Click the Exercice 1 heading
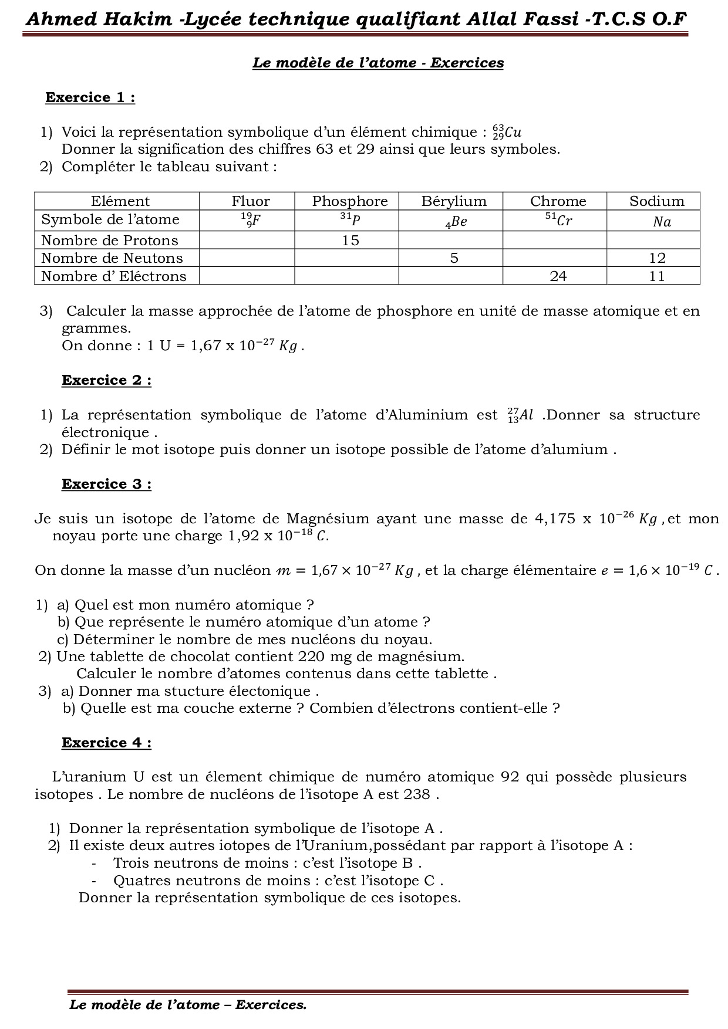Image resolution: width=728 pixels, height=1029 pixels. [90, 97]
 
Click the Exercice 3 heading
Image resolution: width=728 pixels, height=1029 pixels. [106, 484]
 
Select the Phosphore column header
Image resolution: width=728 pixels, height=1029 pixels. [349, 201]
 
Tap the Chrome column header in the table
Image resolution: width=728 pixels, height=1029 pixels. [558, 201]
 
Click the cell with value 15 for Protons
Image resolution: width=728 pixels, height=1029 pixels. [350, 241]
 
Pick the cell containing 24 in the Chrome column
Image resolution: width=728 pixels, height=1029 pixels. [558, 276]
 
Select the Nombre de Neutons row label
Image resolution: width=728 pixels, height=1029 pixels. [112, 258]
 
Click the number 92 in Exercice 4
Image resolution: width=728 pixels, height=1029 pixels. [510, 777]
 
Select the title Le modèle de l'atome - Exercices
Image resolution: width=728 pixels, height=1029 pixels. [378, 63]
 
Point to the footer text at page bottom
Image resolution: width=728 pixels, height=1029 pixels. [188, 1005]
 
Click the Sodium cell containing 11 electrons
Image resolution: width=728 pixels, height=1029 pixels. [656, 276]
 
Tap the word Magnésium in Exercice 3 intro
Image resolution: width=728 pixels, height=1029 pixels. [328, 519]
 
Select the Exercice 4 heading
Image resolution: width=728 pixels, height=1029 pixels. [106, 743]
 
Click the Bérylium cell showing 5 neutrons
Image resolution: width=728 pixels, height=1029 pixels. [453, 258]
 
